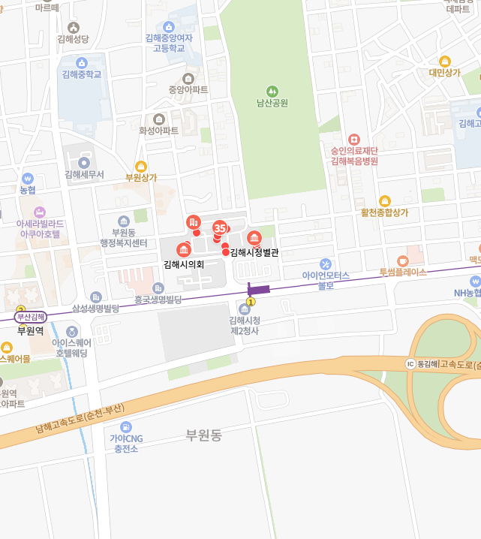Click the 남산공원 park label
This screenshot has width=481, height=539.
pos(272,103)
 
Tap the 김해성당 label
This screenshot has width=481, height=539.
pos(73,39)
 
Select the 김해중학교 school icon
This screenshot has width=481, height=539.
pos(83,62)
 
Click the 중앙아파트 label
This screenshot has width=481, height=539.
pos(188,90)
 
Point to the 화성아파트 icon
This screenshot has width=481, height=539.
pos(159,119)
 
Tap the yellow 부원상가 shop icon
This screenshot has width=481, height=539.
pos(141,167)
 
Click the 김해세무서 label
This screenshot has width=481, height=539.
pos(84,174)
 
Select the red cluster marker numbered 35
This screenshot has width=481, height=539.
pos(220,227)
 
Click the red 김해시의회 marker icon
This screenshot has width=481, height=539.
pos(183,250)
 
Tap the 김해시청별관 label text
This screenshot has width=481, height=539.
pos(254,253)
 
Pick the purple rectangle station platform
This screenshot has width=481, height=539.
pos(258,289)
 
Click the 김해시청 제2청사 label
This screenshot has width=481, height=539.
pos(244,326)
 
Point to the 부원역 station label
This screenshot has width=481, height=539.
pos(31,330)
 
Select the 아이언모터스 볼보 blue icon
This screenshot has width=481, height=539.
pos(326,264)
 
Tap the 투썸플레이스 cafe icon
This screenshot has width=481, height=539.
pos(403,260)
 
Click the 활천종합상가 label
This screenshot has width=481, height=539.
pos(384,212)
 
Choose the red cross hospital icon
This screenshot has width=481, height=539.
pos(354,140)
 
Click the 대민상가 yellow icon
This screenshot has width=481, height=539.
pos(444,62)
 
